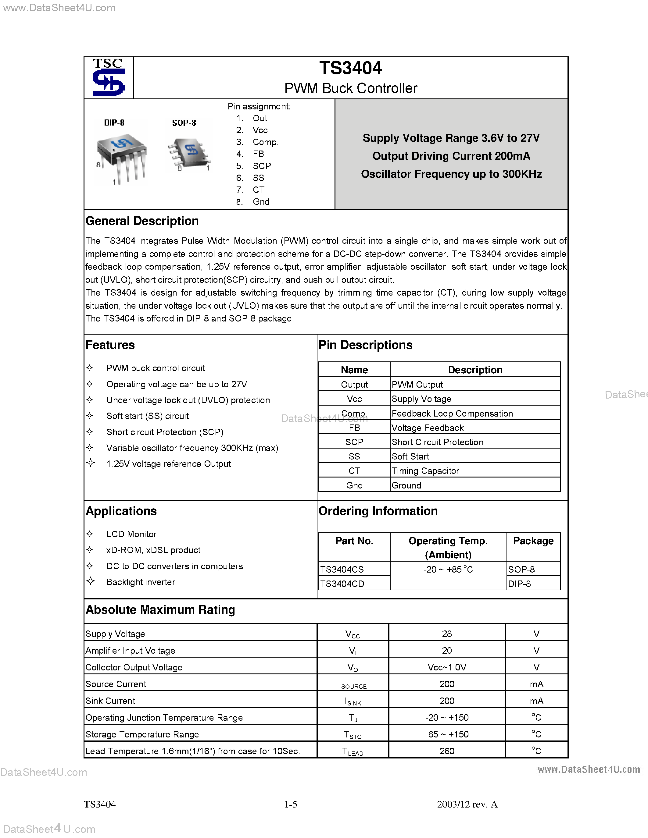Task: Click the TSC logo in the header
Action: click(109, 77)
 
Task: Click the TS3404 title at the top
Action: click(350, 68)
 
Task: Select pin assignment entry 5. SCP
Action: click(254, 166)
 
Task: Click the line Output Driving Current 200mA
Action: click(451, 156)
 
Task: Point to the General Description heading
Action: click(142, 221)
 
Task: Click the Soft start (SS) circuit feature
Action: click(147, 416)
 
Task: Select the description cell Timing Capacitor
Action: click(425, 471)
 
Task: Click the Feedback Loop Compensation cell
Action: click(452, 414)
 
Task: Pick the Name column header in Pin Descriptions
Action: click(354, 370)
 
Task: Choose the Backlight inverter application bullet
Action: click(141, 582)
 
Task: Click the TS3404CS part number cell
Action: click(342, 570)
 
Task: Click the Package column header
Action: click(533, 541)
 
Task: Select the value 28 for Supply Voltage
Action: click(447, 634)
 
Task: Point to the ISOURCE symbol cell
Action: click(353, 684)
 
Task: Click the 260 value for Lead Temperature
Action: click(447, 751)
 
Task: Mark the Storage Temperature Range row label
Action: click(142, 734)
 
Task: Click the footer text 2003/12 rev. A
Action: click(467, 804)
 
